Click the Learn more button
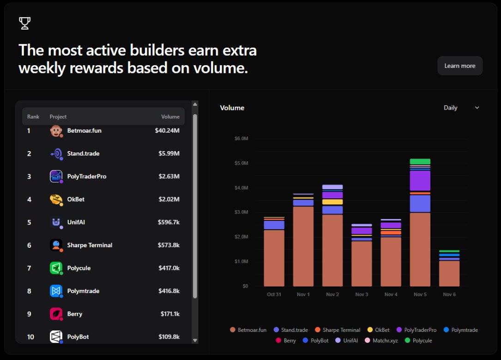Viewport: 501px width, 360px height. [x=459, y=66]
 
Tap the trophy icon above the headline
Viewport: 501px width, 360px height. [x=24, y=23]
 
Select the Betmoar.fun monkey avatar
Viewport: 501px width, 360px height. [x=56, y=131]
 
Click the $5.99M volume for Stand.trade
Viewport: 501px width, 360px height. [x=167, y=153]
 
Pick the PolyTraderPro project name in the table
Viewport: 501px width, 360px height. [x=87, y=177]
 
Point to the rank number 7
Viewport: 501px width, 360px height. [x=29, y=268]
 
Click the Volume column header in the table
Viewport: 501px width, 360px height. [x=170, y=116]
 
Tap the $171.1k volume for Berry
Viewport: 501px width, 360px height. [x=169, y=314]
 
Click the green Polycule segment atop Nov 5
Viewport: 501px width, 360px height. [x=420, y=162]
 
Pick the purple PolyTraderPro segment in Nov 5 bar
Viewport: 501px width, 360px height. [x=420, y=181]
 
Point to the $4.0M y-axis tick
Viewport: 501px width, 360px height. [x=241, y=188]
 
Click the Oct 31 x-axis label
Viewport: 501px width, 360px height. [x=274, y=294]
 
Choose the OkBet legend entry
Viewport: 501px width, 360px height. [x=378, y=330]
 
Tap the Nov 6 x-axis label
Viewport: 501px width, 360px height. [x=449, y=294]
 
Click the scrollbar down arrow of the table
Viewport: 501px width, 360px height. [x=195, y=340]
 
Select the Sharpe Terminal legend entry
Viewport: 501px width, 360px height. [x=337, y=330]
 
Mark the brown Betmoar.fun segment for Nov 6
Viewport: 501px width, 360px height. [x=449, y=274]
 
